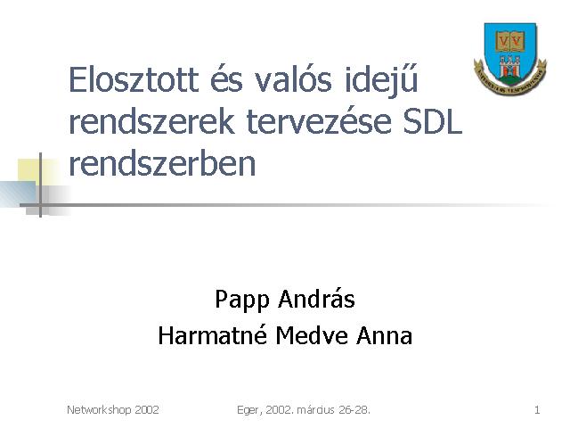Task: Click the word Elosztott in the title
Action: point(134,79)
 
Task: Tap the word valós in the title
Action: point(293,79)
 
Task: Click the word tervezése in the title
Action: point(319,122)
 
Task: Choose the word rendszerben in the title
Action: point(162,163)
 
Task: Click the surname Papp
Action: point(242,300)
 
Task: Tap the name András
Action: point(316,299)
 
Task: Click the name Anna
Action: point(384,335)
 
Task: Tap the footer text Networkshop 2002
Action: point(113,410)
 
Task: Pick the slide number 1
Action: point(537,410)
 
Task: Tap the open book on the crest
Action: point(509,41)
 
